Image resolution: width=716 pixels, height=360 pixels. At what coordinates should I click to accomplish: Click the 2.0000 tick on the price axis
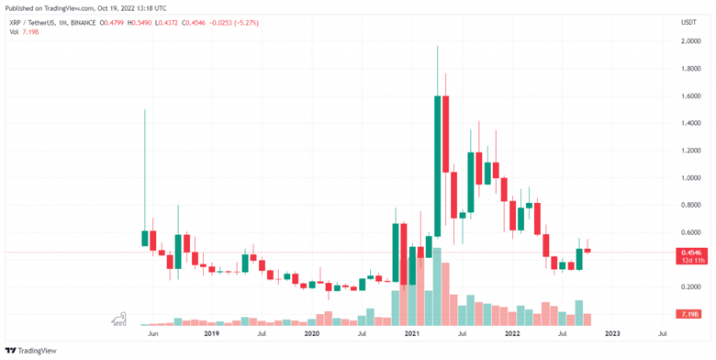click(691, 41)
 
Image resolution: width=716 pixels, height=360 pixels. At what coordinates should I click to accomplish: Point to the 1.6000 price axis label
click(691, 96)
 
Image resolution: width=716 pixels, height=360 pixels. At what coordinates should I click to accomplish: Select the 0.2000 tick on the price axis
click(691, 287)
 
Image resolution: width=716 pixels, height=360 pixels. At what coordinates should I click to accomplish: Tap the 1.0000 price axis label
click(691, 177)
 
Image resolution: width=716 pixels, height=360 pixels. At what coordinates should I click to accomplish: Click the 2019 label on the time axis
click(211, 334)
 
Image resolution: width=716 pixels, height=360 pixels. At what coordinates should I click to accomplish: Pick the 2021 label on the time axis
click(412, 334)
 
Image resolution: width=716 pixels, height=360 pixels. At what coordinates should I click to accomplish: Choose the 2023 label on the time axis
click(612, 334)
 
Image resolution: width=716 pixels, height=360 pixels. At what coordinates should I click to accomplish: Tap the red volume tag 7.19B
click(692, 315)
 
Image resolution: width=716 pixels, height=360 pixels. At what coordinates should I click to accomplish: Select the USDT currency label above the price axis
click(688, 21)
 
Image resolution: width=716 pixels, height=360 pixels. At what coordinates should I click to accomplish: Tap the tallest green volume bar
click(437, 286)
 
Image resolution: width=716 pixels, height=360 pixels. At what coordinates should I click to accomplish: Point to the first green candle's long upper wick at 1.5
click(145, 170)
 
